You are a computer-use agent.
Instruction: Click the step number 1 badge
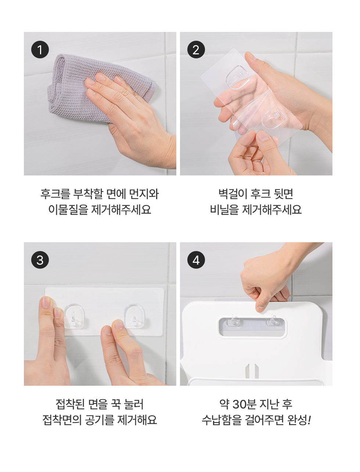40,50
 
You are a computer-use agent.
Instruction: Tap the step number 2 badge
196,50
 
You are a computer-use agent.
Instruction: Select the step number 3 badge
40,260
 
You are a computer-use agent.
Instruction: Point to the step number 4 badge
196,260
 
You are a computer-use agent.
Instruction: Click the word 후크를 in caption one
55,194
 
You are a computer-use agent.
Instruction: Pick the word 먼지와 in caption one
144,194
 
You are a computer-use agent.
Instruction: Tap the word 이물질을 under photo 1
68,210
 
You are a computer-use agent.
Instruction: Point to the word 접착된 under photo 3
70,404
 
